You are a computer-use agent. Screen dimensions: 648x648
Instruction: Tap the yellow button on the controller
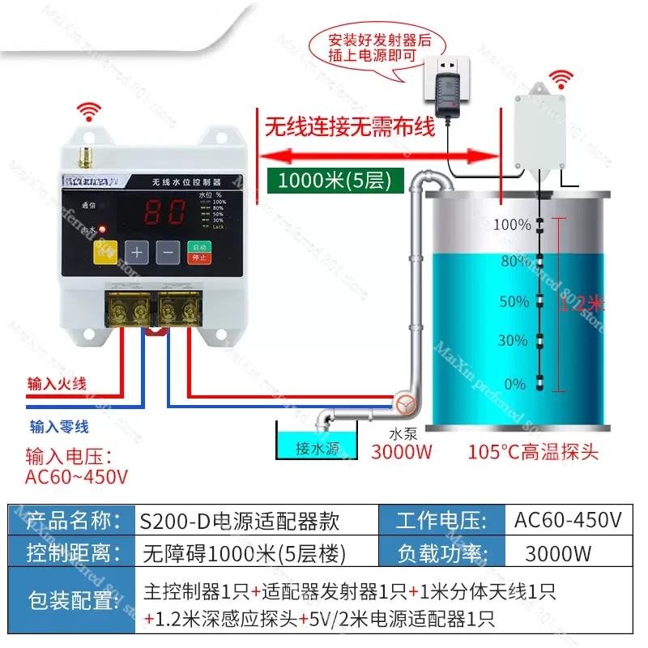point(107,252)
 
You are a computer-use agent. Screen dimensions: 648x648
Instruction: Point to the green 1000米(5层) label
point(335,181)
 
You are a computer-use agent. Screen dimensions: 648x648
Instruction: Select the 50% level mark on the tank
point(514,301)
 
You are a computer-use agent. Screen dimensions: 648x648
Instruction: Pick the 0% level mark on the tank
point(515,384)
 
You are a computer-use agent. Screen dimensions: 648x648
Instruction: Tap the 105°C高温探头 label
point(533,451)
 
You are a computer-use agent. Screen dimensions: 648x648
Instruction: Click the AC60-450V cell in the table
point(568,520)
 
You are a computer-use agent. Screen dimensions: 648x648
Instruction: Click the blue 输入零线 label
point(59,426)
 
